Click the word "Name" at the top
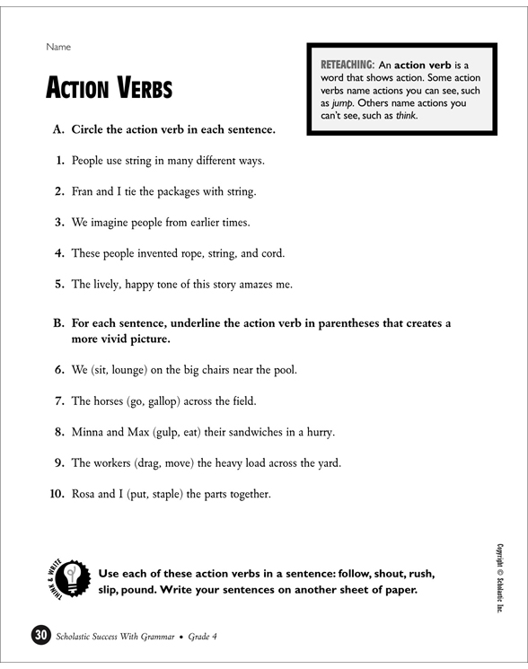tap(58, 46)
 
